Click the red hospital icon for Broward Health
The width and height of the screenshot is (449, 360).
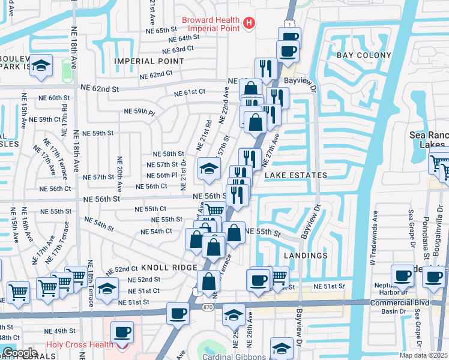[249, 23]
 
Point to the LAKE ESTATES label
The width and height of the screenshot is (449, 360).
[296, 175]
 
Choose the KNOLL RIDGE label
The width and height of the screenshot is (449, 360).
[169, 268]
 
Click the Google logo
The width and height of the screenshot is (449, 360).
[19, 352]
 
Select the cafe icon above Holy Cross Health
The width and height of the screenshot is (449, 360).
[123, 331]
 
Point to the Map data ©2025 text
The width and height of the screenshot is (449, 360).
[424, 355]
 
